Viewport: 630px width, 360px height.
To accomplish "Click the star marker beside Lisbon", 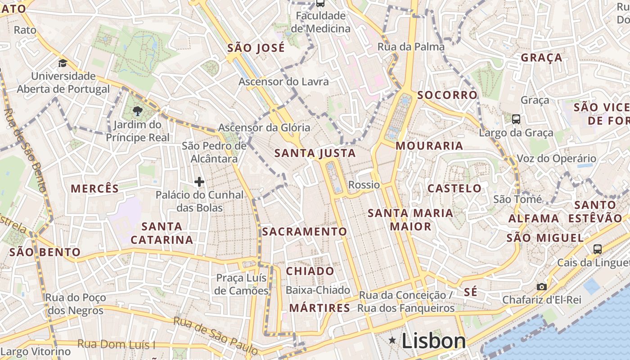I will pyautogui.click(x=392, y=341).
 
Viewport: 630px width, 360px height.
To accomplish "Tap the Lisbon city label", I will pyautogui.click(x=433, y=341).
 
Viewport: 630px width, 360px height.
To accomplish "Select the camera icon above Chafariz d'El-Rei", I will pyautogui.click(x=542, y=287).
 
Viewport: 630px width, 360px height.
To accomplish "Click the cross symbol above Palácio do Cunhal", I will pyautogui.click(x=199, y=182).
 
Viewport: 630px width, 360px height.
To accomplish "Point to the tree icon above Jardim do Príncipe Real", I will pyautogui.click(x=138, y=111).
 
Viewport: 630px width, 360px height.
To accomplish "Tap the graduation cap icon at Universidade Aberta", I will pyautogui.click(x=63, y=63).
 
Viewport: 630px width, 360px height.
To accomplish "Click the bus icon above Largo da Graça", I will pyautogui.click(x=516, y=119).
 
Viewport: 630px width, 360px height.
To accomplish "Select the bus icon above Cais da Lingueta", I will pyautogui.click(x=598, y=249).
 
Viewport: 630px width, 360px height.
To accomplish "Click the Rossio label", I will pyautogui.click(x=364, y=185).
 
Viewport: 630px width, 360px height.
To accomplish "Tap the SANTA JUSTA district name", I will pyautogui.click(x=315, y=153).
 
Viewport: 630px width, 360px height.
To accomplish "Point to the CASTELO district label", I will pyautogui.click(x=454, y=188).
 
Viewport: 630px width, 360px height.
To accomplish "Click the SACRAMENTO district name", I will pyautogui.click(x=305, y=232).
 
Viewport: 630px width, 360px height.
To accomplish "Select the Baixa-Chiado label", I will pyautogui.click(x=318, y=290).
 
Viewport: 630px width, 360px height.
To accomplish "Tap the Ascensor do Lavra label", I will pyautogui.click(x=283, y=82).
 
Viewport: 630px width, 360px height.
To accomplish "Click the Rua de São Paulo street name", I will pyautogui.click(x=216, y=335).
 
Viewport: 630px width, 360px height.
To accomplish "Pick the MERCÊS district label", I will pyautogui.click(x=94, y=189).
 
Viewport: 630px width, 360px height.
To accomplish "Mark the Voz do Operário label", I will pyautogui.click(x=556, y=158).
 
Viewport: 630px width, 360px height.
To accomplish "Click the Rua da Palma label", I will pyautogui.click(x=411, y=47).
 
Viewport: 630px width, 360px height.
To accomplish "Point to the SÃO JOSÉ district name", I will pyautogui.click(x=256, y=48).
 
